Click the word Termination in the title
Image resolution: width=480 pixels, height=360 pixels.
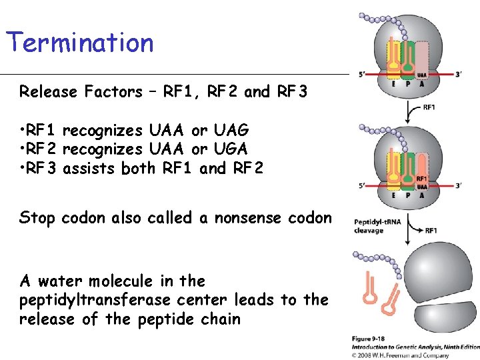coord(80,43)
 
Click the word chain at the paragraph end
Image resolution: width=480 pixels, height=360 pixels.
coord(221,319)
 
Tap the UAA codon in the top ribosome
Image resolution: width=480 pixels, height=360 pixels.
coord(422,74)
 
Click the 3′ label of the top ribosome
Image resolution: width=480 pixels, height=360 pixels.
coord(458,75)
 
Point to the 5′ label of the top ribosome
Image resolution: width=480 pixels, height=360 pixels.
coord(361,75)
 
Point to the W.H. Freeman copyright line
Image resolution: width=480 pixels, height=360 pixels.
coord(413,355)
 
